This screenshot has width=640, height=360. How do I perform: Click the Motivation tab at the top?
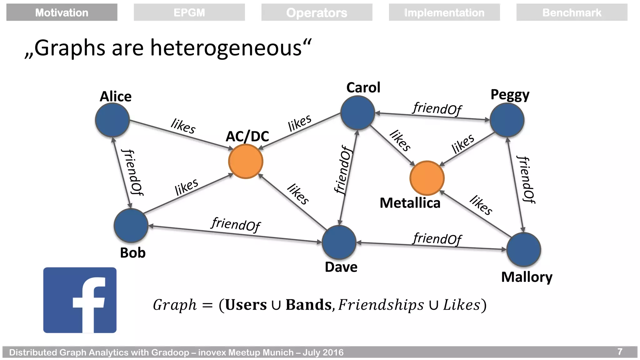coord(62,12)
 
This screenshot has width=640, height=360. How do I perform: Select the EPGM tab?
coord(189,12)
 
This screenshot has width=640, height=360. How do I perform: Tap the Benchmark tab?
coord(572,12)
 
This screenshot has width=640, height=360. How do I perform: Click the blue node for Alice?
coord(112,120)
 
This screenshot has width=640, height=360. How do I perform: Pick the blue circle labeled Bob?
coord(131,226)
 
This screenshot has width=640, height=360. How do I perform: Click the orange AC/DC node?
coord(246,162)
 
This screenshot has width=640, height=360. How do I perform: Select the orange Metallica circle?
coord(427,178)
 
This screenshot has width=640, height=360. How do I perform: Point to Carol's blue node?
coord(357,113)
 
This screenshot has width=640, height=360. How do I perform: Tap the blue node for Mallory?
coord(523,249)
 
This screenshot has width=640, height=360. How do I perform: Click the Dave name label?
coord(341,267)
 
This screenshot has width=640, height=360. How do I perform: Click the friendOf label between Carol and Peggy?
coord(437,109)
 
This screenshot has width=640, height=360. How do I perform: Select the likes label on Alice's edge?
coord(183,126)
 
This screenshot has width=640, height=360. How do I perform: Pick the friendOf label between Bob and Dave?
coord(235,224)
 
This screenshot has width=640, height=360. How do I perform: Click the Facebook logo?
coord(80,300)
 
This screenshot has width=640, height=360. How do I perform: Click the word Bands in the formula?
coord(308,305)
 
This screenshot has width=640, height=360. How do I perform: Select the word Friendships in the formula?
coord(381,305)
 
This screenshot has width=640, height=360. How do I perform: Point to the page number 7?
coord(620,352)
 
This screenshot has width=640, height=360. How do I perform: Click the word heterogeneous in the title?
coord(226,48)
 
